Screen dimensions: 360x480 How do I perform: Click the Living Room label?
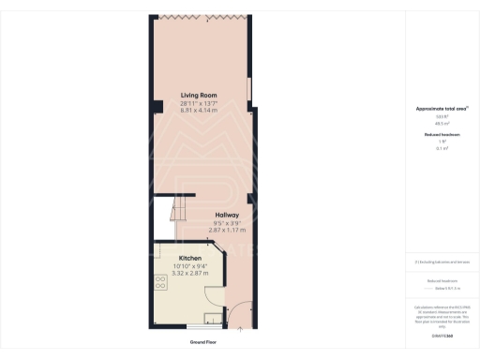click(199, 95)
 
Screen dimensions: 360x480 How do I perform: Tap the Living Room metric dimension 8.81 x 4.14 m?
click(199, 111)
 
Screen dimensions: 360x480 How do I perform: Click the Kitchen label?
click(190, 258)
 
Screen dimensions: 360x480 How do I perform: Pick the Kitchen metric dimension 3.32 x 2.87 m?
click(190, 273)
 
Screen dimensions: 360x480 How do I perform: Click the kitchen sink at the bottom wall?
click(213, 317)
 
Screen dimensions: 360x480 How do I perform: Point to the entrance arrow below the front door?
click(241, 330)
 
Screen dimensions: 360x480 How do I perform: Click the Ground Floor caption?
click(203, 343)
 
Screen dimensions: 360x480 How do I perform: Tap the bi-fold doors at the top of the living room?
click(199, 17)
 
